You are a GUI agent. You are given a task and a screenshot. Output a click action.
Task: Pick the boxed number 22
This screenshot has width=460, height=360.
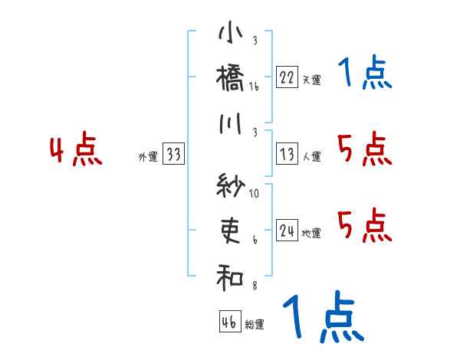point(287,77)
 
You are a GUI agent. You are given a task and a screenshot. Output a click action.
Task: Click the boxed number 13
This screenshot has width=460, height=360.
point(287,154)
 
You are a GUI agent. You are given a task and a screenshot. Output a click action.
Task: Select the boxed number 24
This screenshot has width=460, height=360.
point(287,231)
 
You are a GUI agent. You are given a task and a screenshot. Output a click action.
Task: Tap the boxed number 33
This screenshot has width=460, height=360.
point(173,154)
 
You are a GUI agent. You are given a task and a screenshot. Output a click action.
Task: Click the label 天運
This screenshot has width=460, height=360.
point(311,80)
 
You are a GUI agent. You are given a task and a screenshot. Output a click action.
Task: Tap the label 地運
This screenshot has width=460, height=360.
point(311,234)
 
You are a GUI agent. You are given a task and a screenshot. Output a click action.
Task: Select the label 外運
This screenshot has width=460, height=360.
point(148,157)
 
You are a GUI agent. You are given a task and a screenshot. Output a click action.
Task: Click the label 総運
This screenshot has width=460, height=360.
point(255,325)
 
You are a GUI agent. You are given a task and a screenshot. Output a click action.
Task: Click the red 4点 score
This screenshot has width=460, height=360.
point(75,151)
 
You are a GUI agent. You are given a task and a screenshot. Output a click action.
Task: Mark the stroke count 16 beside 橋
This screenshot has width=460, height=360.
point(254,87)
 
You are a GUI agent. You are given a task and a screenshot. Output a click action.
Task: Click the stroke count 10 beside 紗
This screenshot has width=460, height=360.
point(254,193)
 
